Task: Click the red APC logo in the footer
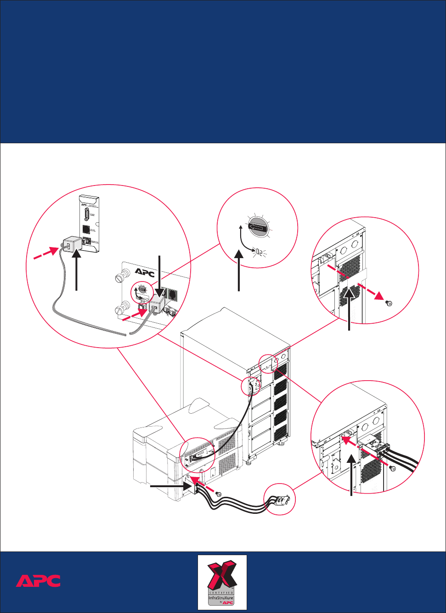(x=38, y=581)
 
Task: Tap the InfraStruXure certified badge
(x=222, y=582)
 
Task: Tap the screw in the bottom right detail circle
(x=393, y=468)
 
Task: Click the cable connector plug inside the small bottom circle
(x=281, y=500)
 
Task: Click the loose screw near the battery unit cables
(x=219, y=494)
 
